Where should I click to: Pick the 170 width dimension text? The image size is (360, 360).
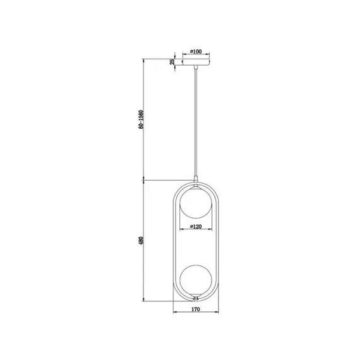point(196,309)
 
